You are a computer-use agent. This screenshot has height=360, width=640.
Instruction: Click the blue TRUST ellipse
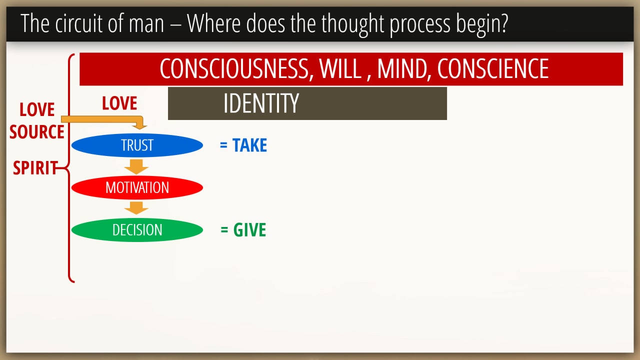137,145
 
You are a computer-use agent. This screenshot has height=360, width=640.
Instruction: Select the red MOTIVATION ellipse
137,187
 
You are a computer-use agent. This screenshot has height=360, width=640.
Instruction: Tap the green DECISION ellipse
137,230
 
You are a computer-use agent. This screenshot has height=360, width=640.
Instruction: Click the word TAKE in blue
249,145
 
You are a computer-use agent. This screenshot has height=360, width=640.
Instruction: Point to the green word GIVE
249,229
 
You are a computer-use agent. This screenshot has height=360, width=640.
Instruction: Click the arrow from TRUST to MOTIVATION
136,167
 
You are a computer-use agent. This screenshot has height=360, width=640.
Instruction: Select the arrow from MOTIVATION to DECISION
136,208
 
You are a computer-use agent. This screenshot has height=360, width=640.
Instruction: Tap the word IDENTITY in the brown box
261,103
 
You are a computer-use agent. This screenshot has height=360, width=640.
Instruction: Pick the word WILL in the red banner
340,69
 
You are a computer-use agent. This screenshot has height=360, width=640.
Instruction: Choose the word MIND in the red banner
402,69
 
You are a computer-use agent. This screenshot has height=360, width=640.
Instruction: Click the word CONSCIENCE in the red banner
493,69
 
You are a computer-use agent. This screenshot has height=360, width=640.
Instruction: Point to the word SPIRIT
35,167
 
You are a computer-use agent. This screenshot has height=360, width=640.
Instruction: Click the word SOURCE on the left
37,131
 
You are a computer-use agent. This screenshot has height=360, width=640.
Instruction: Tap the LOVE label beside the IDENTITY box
119,103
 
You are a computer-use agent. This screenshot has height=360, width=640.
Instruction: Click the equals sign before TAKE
223,145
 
